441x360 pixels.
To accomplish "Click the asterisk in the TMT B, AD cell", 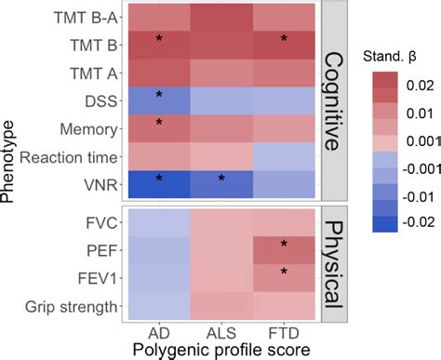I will tap(158, 39).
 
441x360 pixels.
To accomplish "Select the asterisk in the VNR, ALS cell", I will tap(221, 153).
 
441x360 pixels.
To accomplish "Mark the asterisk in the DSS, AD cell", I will tap(158, 96).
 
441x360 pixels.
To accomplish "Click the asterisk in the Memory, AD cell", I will tap(158, 124).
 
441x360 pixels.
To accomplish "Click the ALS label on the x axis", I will tap(221, 332).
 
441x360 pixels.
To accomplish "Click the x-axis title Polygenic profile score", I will tap(221, 350).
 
